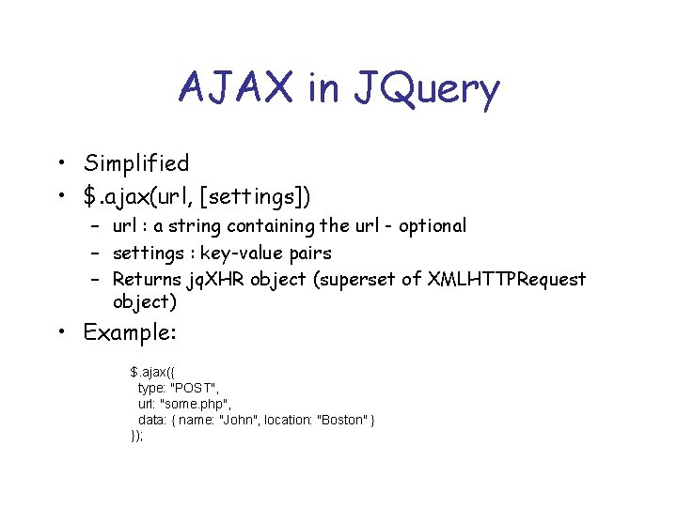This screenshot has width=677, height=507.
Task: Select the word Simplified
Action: coord(136,163)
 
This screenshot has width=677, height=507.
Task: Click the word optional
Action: coord(432,226)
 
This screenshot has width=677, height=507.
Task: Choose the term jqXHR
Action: coord(213,280)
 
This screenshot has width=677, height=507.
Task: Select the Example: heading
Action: coord(131,333)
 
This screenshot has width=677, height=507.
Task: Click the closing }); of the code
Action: coord(137,436)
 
